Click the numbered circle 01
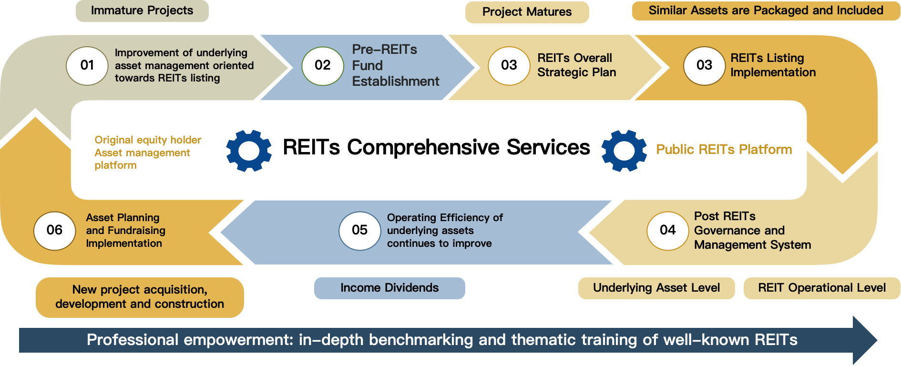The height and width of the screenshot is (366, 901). (87, 66)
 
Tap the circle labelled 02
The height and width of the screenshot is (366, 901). (323, 66)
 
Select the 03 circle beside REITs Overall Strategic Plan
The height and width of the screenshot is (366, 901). (509, 66)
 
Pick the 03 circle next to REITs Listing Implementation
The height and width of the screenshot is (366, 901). (705, 66)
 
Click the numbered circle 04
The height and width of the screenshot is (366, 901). (668, 231)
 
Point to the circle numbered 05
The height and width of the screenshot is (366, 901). (360, 231)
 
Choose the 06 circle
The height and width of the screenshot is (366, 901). (55, 231)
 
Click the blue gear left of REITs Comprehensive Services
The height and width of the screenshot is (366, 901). (249, 151)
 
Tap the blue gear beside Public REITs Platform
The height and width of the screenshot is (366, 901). (624, 151)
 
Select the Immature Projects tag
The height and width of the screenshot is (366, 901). (142, 10)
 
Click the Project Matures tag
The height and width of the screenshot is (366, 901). (527, 12)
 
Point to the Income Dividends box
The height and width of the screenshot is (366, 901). (389, 288)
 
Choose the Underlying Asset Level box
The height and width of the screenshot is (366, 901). (656, 288)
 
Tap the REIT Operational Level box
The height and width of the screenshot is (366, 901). (822, 288)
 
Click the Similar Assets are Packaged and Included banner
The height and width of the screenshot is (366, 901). (766, 10)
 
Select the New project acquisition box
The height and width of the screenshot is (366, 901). (140, 297)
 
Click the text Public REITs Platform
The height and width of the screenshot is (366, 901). (724, 150)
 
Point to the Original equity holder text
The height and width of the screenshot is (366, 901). (148, 140)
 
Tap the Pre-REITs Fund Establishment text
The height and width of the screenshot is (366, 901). (396, 65)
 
